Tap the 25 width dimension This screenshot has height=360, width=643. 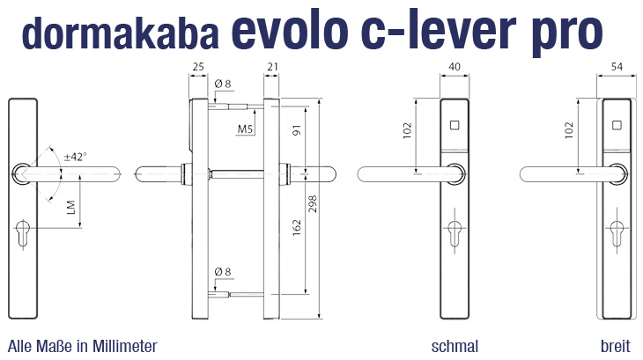point(198,66)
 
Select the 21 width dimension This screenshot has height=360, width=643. point(272,66)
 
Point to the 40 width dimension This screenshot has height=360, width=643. point(455,66)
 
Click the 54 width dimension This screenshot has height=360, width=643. point(617,66)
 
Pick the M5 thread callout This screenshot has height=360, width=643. point(245,129)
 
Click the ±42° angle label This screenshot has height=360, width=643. point(75,157)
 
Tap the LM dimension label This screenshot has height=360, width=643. point(70,207)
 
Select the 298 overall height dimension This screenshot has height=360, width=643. point(313,203)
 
